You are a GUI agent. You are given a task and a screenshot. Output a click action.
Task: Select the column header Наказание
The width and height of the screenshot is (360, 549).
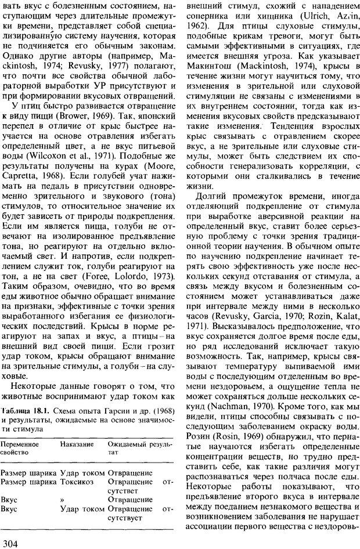click(77, 443)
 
